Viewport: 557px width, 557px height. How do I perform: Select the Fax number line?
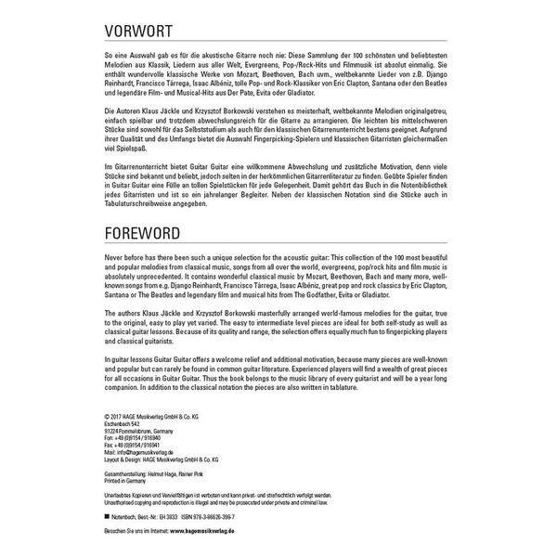pos(126,445)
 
